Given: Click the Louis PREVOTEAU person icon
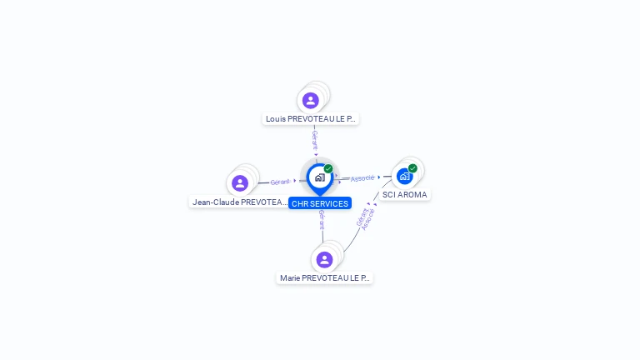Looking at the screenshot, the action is click(x=311, y=100).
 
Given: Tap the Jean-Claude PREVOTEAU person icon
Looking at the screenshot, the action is click(x=240, y=183).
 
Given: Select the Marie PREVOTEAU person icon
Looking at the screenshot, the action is click(x=325, y=259).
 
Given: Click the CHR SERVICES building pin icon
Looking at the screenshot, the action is click(x=319, y=177).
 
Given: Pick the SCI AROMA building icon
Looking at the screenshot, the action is click(x=404, y=176).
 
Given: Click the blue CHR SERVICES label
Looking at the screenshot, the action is click(x=320, y=203).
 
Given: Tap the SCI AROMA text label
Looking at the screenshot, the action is click(x=405, y=194).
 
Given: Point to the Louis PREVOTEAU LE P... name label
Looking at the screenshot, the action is click(x=311, y=118).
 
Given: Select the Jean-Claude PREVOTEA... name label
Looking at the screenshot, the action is click(x=239, y=202).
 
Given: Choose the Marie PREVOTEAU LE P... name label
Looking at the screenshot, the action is click(x=325, y=277).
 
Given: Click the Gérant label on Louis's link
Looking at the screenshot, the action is click(x=315, y=139).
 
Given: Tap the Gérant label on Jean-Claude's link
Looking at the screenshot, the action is click(x=280, y=182).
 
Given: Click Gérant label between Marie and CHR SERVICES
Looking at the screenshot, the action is click(x=322, y=220).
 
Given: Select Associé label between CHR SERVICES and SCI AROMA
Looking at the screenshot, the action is click(x=362, y=178).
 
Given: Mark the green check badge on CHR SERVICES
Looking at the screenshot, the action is click(x=328, y=169).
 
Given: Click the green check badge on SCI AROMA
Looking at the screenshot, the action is click(x=412, y=168).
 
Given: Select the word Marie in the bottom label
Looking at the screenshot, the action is click(x=289, y=277).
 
